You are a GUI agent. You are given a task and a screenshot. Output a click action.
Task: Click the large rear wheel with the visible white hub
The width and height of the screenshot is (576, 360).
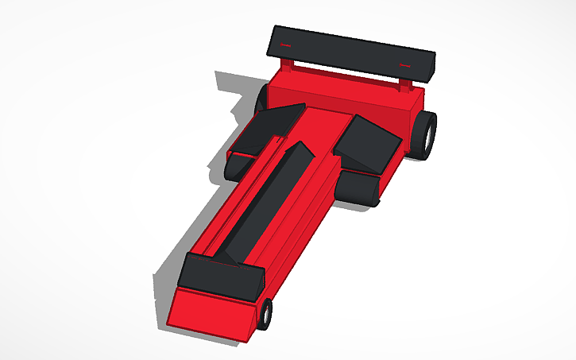coord(425,134)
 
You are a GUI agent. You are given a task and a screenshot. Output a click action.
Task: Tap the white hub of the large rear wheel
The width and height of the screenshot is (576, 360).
coord(430,136)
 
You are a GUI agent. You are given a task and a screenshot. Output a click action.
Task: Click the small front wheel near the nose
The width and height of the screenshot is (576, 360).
coord(264,314)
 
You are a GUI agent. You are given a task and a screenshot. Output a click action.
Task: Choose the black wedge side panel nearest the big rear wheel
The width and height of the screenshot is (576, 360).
coord(369,143)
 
